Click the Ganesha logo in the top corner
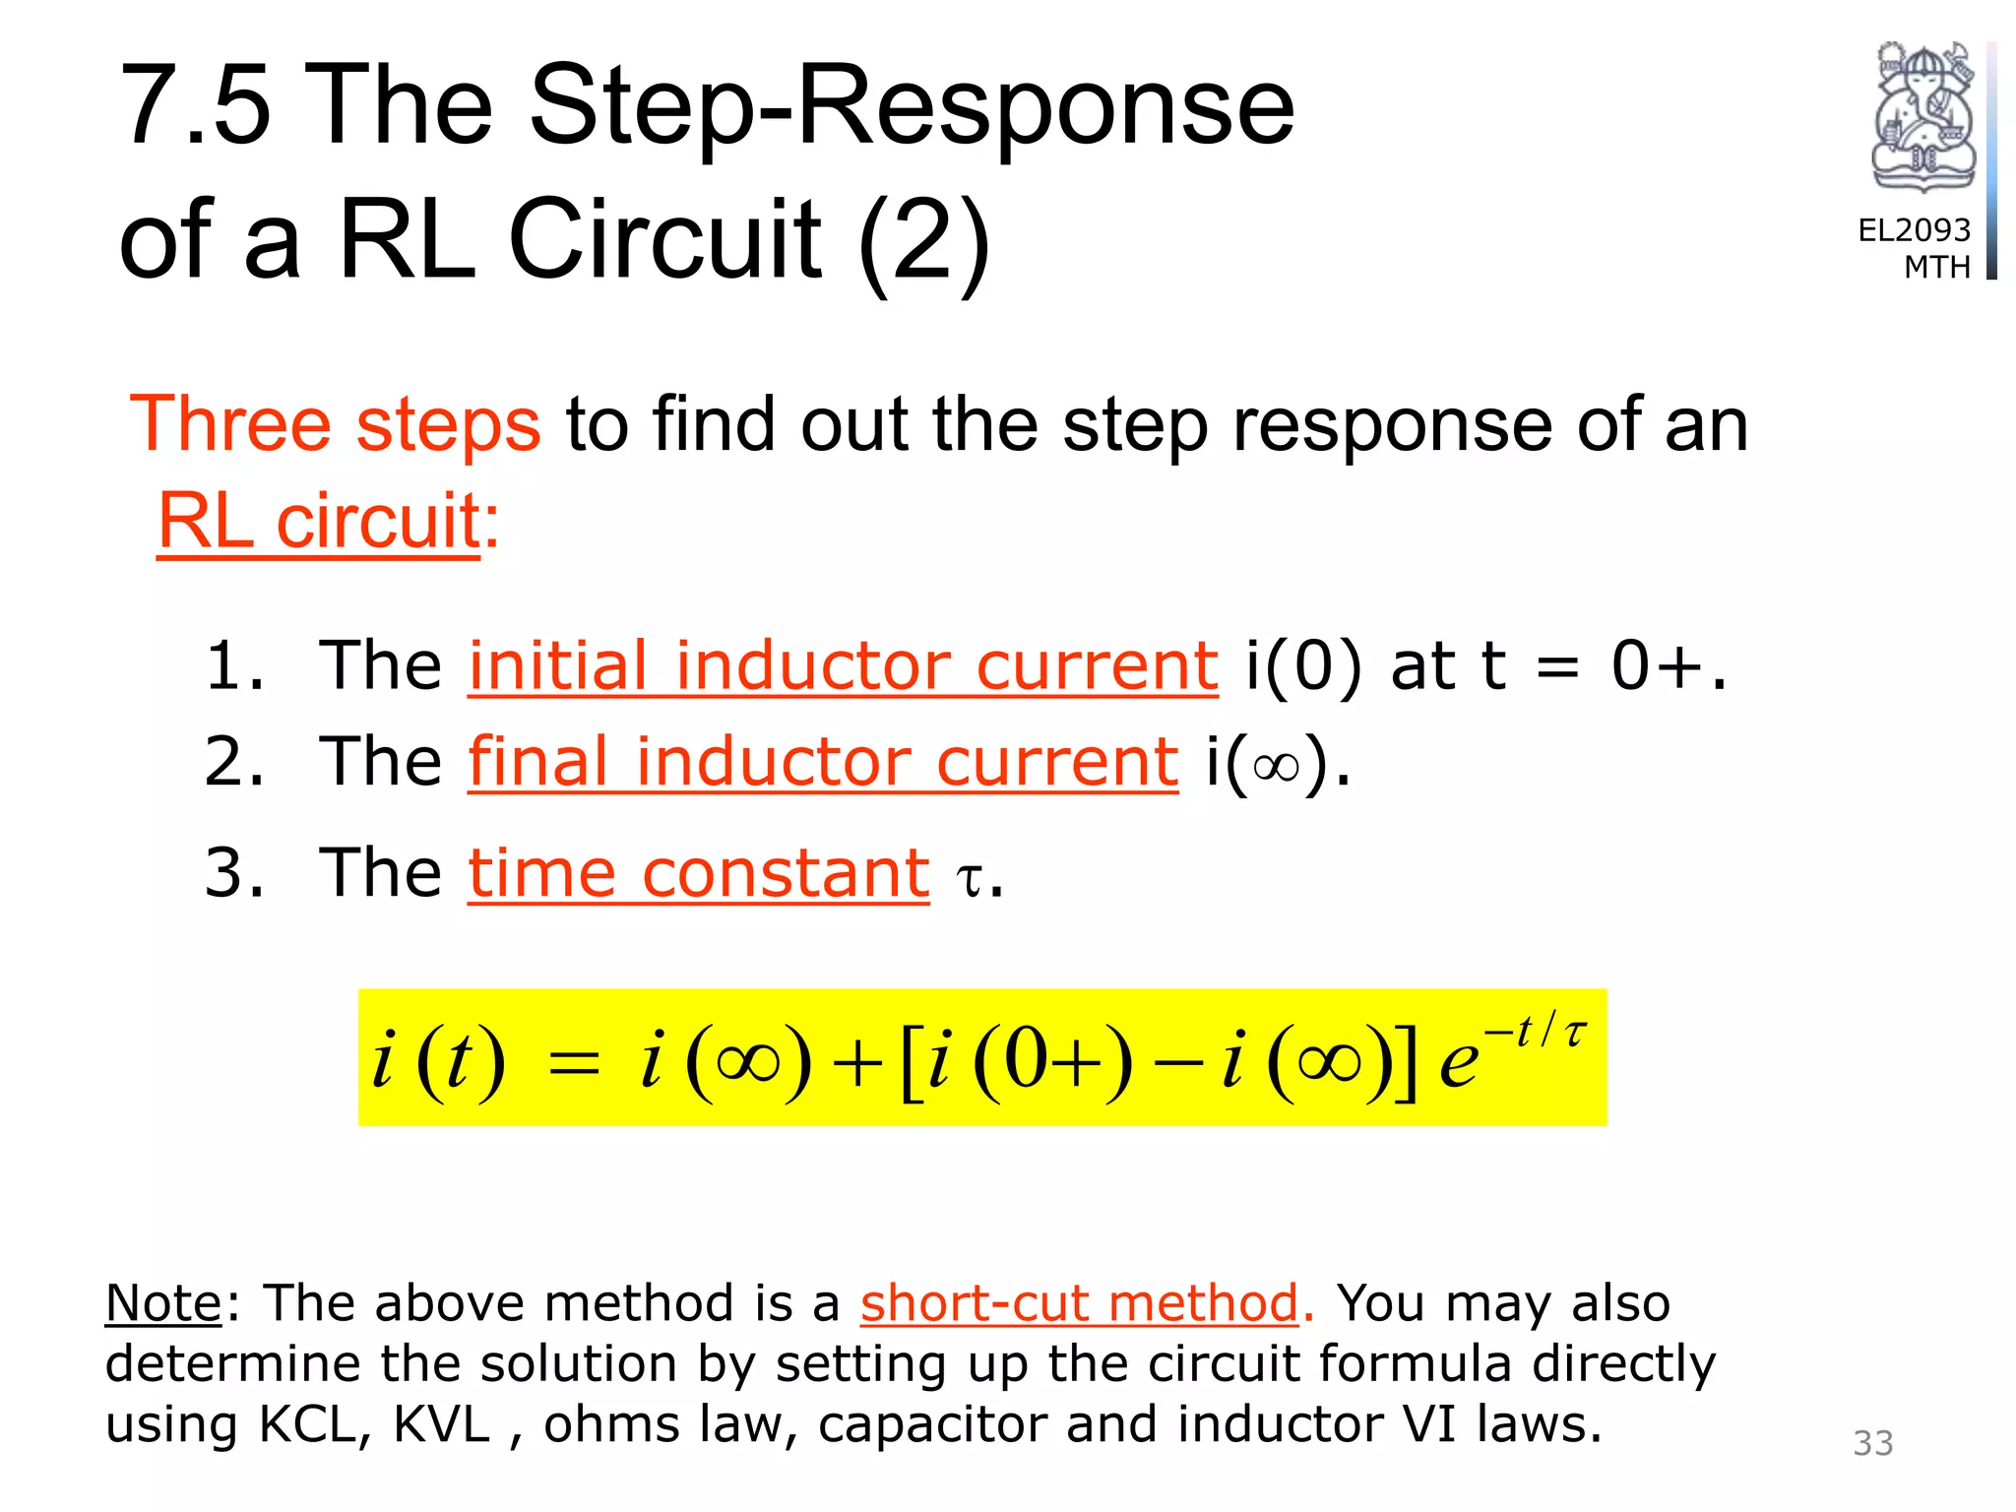click(x=1922, y=116)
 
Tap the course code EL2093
click(x=1914, y=230)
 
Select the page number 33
click(x=1872, y=1443)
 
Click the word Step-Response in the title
click(x=912, y=106)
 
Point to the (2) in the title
click(x=923, y=239)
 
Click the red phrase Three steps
click(x=335, y=424)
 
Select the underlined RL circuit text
click(x=319, y=521)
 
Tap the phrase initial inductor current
click(x=843, y=665)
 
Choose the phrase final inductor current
click(x=823, y=762)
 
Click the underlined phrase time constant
click(x=698, y=873)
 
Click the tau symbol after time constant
click(x=970, y=878)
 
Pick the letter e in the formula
click(x=1458, y=1065)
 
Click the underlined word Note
click(x=163, y=1303)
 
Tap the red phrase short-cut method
click(x=1080, y=1303)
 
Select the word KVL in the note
click(x=441, y=1424)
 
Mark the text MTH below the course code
click(x=1936, y=267)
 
